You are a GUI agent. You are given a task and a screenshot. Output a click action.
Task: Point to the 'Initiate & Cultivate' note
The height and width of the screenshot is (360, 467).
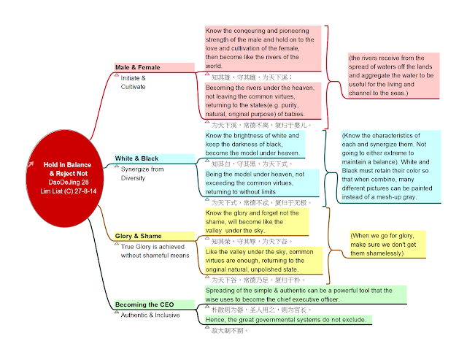[134, 82]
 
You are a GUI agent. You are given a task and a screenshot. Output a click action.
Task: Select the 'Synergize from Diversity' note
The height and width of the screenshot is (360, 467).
[142, 173]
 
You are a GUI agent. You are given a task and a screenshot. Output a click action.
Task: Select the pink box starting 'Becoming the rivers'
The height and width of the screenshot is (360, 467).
[263, 101]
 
